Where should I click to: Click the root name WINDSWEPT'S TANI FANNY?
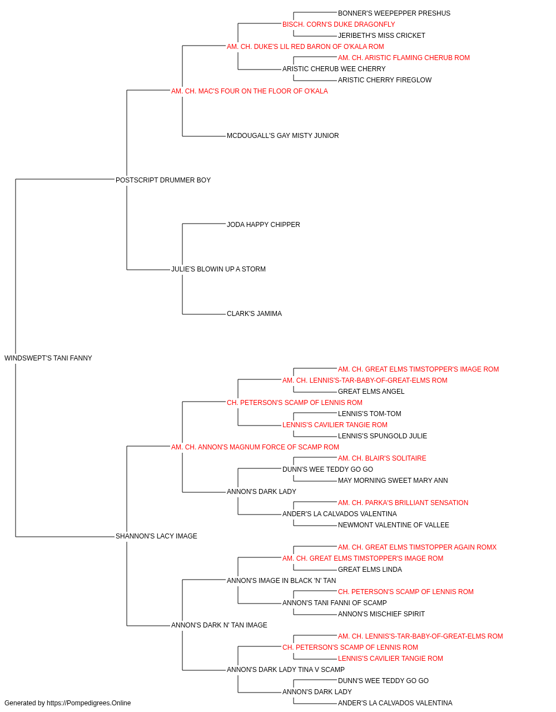coord(48,358)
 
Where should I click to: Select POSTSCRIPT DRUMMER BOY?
coord(163,180)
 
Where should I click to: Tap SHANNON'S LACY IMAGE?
coord(156,536)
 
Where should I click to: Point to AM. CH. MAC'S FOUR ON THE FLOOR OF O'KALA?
coord(250,91)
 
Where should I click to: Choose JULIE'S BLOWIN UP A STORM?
coord(219,269)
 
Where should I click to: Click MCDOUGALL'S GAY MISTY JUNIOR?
coord(283,136)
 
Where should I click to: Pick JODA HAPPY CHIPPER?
coord(264,225)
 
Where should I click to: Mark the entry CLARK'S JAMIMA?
coord(255,314)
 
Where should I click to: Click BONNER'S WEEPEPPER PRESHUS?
coord(394,13)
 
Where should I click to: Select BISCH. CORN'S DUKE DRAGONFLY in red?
coord(339,24)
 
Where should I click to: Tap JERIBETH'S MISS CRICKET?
coord(382,36)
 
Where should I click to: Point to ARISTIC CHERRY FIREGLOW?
coord(385,80)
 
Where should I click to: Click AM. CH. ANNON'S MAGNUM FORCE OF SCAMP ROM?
coord(255,447)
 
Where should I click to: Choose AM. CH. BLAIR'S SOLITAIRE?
coord(382,458)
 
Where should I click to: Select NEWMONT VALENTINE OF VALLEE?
coord(394,525)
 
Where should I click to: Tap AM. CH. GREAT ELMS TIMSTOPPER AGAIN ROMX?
coord(417,547)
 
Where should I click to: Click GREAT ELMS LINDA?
coord(370,570)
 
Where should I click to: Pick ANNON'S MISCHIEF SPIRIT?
coord(381,614)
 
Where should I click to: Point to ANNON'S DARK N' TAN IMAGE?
coord(219,625)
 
